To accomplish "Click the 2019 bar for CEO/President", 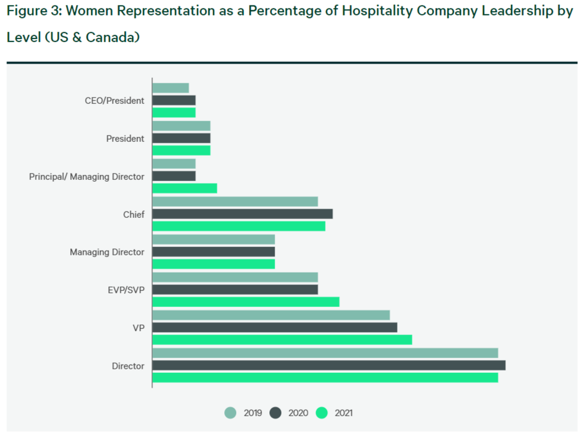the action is tap(171, 88).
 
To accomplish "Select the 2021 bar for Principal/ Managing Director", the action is tap(184, 188).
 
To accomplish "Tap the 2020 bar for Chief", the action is tap(242, 214).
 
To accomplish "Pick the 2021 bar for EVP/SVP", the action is tap(246, 302).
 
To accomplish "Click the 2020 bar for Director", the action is tap(329, 366).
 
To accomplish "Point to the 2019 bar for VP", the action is tap(271, 315).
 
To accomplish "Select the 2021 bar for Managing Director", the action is tap(213, 264).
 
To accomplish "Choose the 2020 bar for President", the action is tap(181, 138).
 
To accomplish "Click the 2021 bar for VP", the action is tap(282, 340).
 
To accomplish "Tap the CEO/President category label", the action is tap(115, 101).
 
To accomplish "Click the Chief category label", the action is tap(134, 214).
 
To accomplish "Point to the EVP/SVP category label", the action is tap(126, 290).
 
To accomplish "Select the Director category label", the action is tap(128, 366).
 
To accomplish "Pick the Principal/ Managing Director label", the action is tap(87, 177).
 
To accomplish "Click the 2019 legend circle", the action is tap(231, 413).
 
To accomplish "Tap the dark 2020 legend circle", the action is tap(275, 413).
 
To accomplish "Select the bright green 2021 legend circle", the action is tap(322, 413).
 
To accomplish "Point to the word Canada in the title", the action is tap(111, 37).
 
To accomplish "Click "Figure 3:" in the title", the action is tap(34, 12).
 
